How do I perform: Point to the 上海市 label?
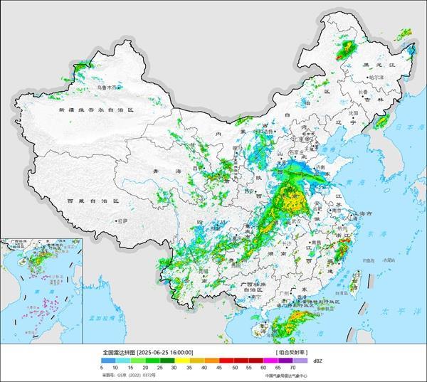(x=367, y=213)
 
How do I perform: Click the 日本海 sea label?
(x=408, y=127)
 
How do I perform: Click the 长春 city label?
(x=363, y=92)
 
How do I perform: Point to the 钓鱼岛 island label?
(x=371, y=260)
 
